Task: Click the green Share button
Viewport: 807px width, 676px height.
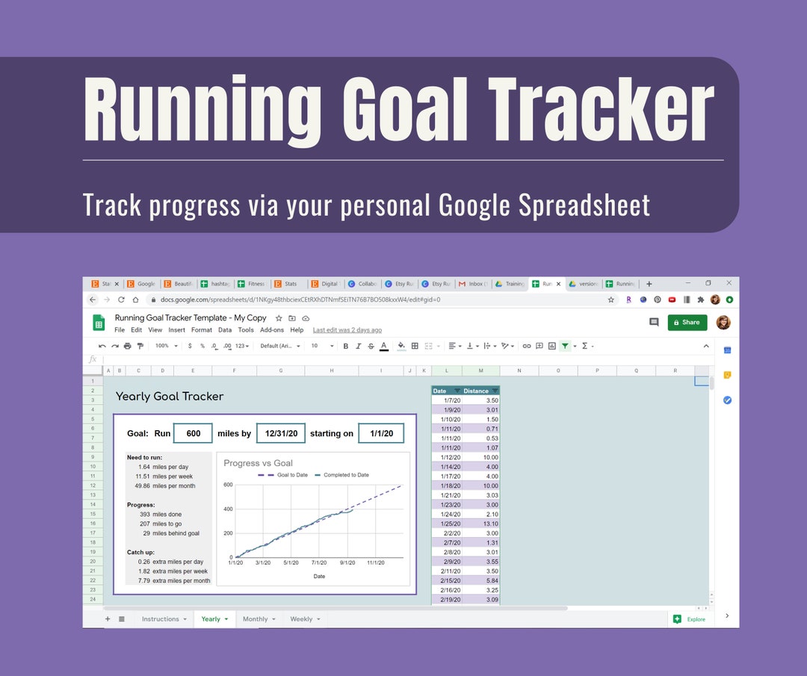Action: click(x=687, y=322)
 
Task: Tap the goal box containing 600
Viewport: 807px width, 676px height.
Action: click(x=194, y=433)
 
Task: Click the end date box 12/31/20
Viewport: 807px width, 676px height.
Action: click(x=281, y=433)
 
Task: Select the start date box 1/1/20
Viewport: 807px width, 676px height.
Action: click(x=380, y=433)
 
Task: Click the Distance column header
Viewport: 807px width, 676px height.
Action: click(x=476, y=391)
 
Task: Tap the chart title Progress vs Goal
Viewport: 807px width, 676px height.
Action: click(x=258, y=463)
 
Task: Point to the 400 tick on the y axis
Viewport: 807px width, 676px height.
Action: click(x=228, y=509)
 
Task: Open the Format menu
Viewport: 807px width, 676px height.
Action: click(x=201, y=330)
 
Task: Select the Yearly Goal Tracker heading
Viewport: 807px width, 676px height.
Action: click(x=170, y=397)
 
